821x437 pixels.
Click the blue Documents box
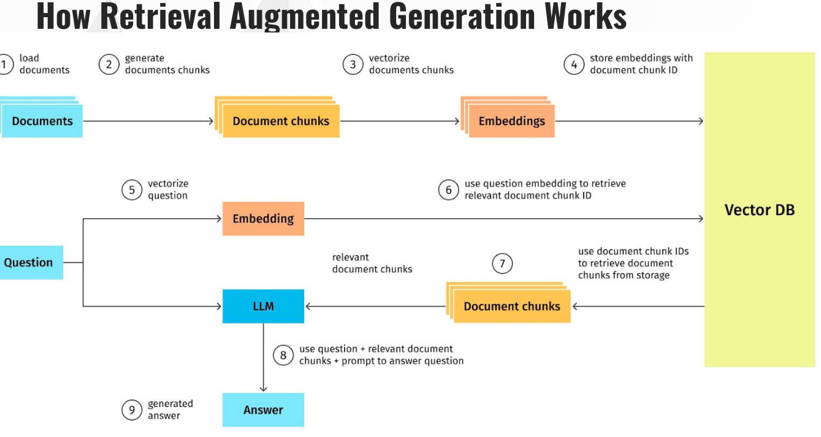[x=42, y=121]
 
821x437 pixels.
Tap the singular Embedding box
[x=263, y=219]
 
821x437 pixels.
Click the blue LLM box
[x=263, y=306]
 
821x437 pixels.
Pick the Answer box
[x=263, y=410]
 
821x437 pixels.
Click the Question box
[x=31, y=262]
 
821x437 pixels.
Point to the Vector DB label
[x=760, y=210]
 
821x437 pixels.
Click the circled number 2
[x=109, y=65]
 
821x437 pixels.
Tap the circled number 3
[x=353, y=65]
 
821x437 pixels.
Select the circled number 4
[x=574, y=65]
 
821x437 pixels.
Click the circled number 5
[x=132, y=190]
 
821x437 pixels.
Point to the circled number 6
[x=449, y=190]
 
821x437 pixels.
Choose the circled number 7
[x=502, y=264]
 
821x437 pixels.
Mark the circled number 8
[x=283, y=355]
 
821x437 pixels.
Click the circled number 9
[x=132, y=410]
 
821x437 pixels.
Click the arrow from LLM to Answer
[x=263, y=357]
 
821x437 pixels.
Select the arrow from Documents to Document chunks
[x=148, y=121]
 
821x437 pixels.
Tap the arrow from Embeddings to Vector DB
[x=629, y=121]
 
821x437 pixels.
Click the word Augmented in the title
[x=305, y=16]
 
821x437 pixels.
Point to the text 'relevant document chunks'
[x=372, y=263]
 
